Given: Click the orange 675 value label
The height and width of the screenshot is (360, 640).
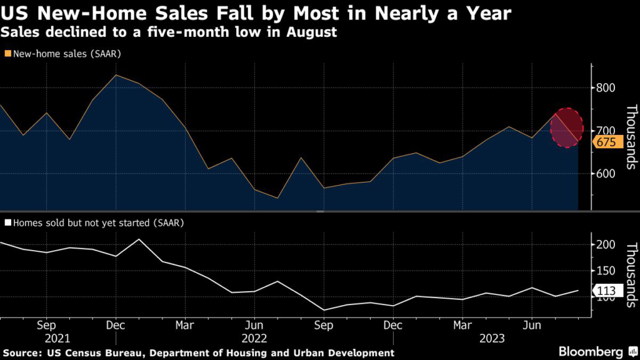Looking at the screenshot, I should click(606, 142).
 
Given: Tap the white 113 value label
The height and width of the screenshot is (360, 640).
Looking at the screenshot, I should click(606, 291).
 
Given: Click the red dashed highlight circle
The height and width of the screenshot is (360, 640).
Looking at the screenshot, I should click(566, 128).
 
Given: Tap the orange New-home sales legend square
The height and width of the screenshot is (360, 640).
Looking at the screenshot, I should click(7, 54).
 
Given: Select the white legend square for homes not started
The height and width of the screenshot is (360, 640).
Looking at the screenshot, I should click(7, 222).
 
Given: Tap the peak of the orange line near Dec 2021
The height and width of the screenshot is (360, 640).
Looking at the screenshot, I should click(116, 75).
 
